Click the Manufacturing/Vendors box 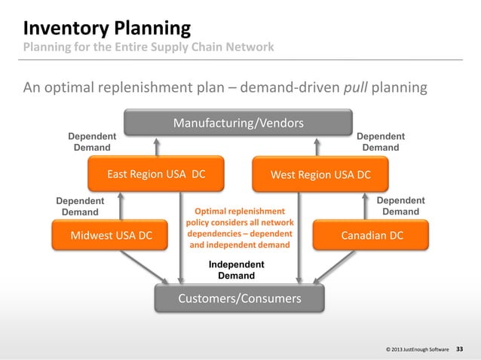pyautogui.click(x=238, y=123)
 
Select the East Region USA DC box pyautogui.click(x=156, y=175)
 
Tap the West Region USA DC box pyautogui.click(x=320, y=175)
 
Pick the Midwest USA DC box pyautogui.click(x=111, y=236)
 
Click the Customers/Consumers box pyautogui.click(x=239, y=299)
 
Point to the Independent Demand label pyautogui.click(x=236, y=270)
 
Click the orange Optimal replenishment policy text pyautogui.click(x=240, y=228)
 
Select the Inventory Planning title pyautogui.click(x=106, y=29)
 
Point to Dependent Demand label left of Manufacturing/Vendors pyautogui.click(x=92, y=142)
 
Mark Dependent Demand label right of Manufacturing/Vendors pyautogui.click(x=381, y=142)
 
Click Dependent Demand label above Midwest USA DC pyautogui.click(x=80, y=206)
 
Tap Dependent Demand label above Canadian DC pyautogui.click(x=400, y=206)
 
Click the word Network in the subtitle pyautogui.click(x=250, y=49)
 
